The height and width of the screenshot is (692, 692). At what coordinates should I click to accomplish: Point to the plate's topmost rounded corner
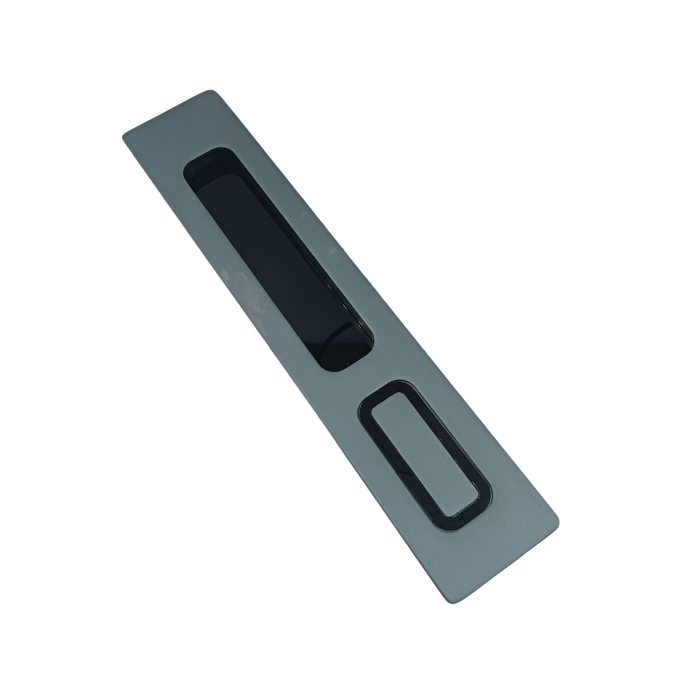pyautogui.click(x=211, y=92)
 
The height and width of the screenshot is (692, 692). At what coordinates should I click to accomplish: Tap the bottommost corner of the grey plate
pyautogui.click(x=452, y=601)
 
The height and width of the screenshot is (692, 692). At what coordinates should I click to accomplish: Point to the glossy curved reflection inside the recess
pyautogui.click(x=340, y=340)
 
